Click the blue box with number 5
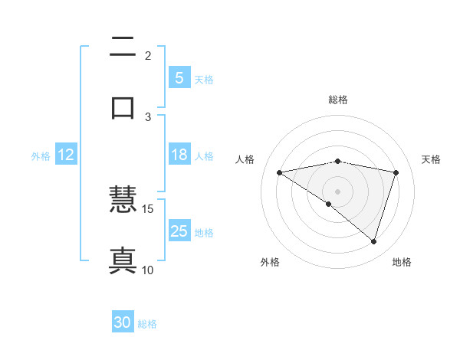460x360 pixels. [x=179, y=77]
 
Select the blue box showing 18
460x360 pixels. [x=179, y=155]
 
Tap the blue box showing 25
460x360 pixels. [x=179, y=231]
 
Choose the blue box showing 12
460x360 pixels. [x=66, y=155]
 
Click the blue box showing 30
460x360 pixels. [x=123, y=322]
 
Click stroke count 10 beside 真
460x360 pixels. [x=148, y=270]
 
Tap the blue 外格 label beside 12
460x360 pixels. [x=41, y=155]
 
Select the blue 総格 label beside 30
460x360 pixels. [x=147, y=324]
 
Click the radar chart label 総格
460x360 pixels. [x=338, y=100]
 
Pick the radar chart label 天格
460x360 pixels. [x=432, y=159]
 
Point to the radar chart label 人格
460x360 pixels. [x=245, y=159]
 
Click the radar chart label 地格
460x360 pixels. [x=402, y=262]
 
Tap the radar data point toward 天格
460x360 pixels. [x=396, y=172]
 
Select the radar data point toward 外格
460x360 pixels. [x=329, y=205]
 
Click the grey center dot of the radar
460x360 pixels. [x=338, y=191]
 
